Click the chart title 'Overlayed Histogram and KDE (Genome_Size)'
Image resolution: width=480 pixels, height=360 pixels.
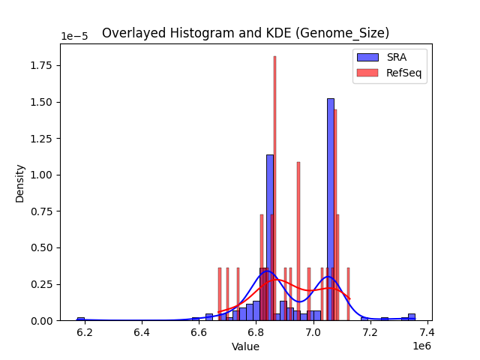point(245,33)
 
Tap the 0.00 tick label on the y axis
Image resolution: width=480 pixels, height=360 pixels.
point(43,320)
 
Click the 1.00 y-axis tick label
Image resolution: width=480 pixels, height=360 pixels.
point(43,175)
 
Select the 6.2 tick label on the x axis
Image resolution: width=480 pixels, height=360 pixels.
point(85,332)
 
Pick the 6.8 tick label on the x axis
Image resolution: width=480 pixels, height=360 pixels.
point(256,332)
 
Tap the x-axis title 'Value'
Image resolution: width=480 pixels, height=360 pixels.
point(245,346)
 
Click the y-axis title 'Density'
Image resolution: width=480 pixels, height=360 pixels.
point(20,183)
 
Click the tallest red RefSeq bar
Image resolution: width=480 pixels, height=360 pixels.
point(274,187)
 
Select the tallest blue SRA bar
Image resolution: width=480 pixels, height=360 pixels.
point(331,210)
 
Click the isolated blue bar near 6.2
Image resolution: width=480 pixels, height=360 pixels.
point(81,319)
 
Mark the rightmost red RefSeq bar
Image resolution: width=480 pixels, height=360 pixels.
point(348,294)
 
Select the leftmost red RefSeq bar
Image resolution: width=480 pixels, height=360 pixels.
point(220,294)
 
